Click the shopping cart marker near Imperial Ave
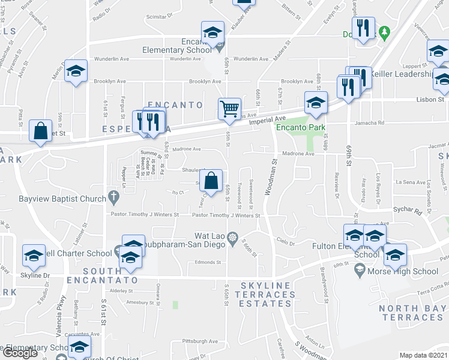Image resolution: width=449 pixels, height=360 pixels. click(x=229, y=109)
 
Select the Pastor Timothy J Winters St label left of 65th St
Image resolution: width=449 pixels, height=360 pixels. click(x=144, y=214)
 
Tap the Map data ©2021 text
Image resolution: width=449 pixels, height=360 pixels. click(x=424, y=355)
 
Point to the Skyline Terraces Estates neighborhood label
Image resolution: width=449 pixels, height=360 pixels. click(x=268, y=295)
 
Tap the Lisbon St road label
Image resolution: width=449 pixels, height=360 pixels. click(x=432, y=99)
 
